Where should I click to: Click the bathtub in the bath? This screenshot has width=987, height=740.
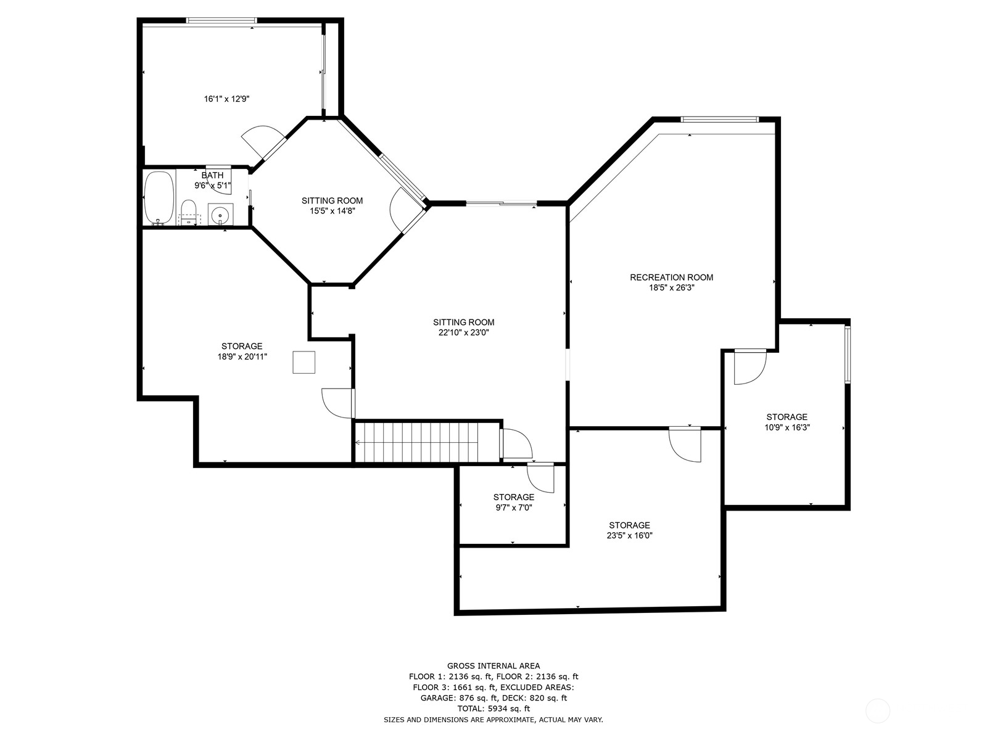click(x=159, y=198)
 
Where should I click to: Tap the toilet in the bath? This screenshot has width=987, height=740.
click(x=189, y=211)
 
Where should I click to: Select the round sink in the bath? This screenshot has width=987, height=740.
click(x=220, y=215)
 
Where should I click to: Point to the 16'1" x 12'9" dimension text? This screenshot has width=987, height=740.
click(x=226, y=99)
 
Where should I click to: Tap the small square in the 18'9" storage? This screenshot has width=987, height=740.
click(x=304, y=362)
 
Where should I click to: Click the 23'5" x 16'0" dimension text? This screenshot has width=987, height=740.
click(x=629, y=535)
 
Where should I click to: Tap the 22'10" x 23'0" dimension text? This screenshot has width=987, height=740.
click(x=463, y=332)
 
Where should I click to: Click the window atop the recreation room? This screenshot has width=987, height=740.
click(x=719, y=120)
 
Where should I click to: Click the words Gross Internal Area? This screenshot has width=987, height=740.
click(x=493, y=665)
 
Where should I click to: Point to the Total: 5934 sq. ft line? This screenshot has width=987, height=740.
click(x=493, y=709)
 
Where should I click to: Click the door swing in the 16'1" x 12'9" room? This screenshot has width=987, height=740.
click(x=262, y=141)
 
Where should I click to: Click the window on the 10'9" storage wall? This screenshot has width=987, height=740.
click(x=848, y=354)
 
